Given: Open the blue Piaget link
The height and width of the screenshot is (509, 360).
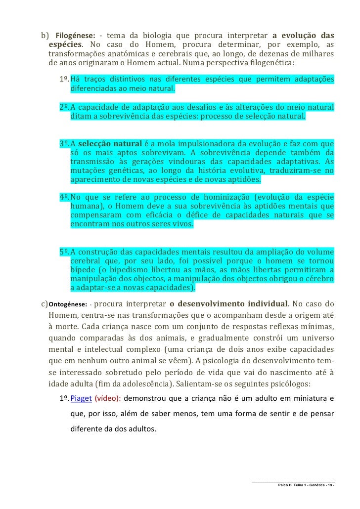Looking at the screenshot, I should (x=81, y=398).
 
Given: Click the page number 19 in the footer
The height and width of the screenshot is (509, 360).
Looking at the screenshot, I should (x=327, y=485).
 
